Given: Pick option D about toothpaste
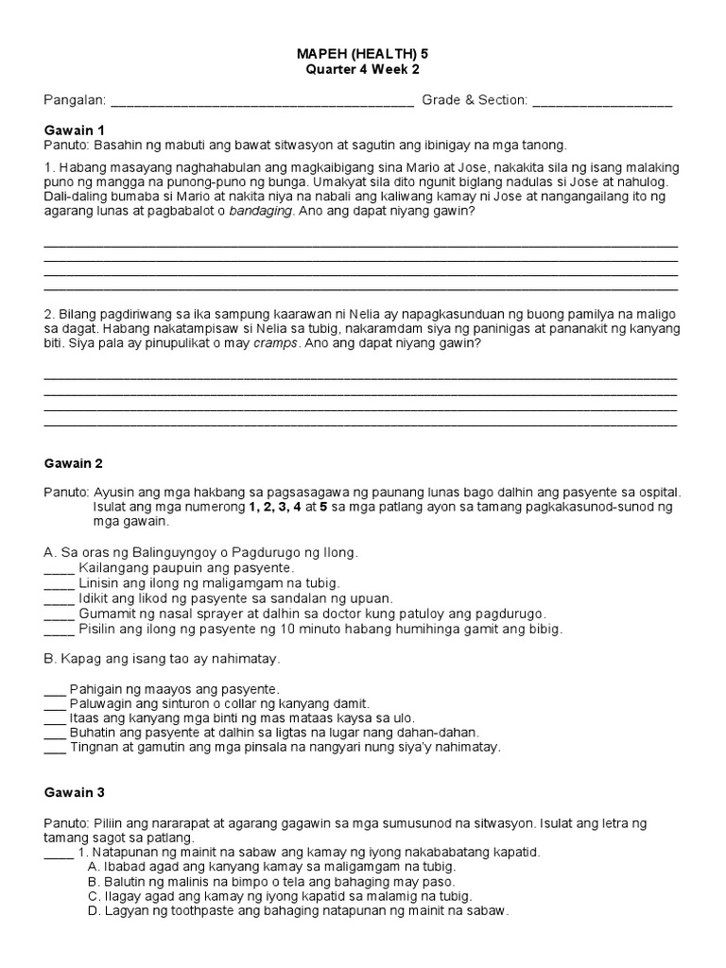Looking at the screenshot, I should [x=298, y=911].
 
